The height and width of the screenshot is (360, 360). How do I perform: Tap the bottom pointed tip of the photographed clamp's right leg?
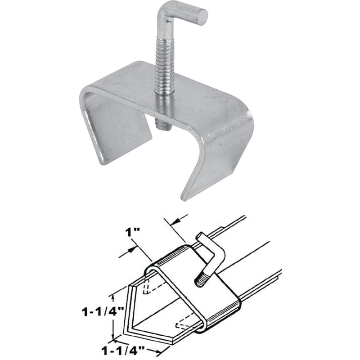point(184,197)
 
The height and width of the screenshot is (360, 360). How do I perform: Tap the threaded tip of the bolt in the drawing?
point(198,283)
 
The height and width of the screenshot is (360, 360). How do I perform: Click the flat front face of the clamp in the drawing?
point(189,297)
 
